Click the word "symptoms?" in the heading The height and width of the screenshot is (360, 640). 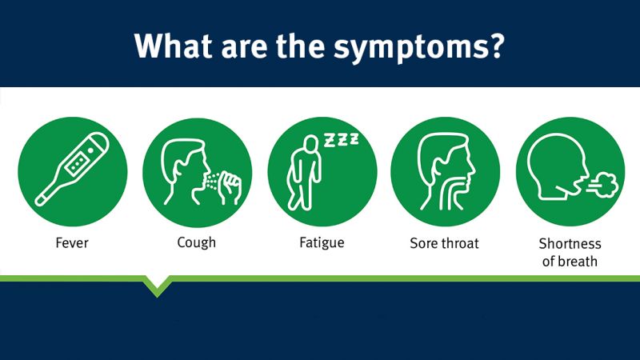tap(419, 47)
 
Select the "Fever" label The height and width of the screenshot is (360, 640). tap(72, 243)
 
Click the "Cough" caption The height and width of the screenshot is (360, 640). tap(196, 243)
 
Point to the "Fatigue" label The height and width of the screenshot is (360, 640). tap(322, 243)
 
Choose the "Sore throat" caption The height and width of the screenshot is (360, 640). tap(444, 243)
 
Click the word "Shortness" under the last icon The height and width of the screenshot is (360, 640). tap(570, 244)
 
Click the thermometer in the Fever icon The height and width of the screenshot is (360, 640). tap(73, 170)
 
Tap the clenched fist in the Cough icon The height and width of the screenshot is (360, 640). tap(230, 187)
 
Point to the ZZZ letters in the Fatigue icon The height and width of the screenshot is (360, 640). tap(342, 139)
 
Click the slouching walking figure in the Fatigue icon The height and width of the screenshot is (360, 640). tap(304, 174)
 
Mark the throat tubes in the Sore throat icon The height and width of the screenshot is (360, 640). tap(451, 192)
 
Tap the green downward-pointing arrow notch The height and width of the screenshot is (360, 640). tap(157, 286)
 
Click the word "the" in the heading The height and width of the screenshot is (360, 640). tap(300, 45)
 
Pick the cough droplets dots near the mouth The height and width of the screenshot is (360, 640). tap(212, 182)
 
